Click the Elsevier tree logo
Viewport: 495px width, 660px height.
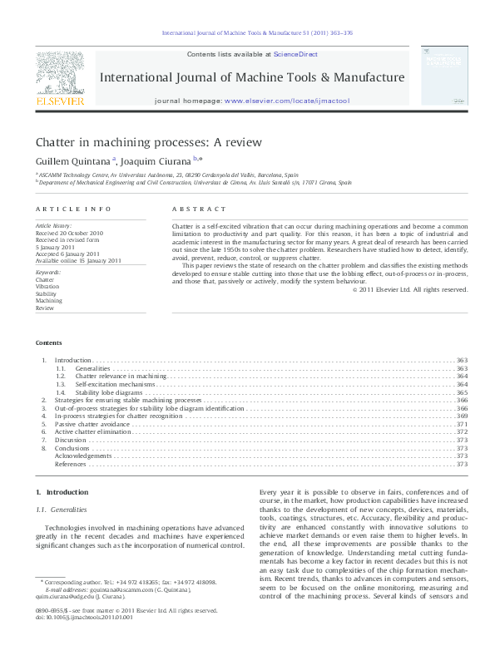click(59, 73)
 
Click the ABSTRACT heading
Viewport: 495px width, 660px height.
click(198, 209)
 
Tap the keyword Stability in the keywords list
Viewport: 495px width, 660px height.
click(46, 294)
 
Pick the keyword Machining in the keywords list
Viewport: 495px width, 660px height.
click(48, 301)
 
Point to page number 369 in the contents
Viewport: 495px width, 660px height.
click(462, 416)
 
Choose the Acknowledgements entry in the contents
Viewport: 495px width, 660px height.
click(82, 456)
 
